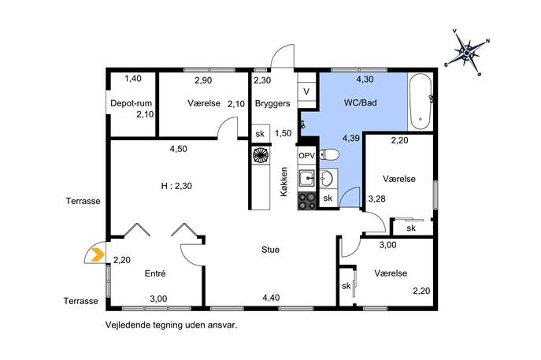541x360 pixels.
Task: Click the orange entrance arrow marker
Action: coord(98,255)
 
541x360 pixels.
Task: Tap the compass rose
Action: coord(467,53)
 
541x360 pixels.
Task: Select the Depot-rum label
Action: coord(131,103)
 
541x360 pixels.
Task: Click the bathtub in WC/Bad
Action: coord(421,102)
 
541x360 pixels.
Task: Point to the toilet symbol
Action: coord(329,154)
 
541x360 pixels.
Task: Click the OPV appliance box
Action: coord(307,156)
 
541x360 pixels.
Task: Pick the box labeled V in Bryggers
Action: coord(306,92)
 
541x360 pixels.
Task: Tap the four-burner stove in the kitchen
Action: coord(307,201)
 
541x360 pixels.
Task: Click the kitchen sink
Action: coord(307,179)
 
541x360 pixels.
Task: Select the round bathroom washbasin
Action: coord(326,179)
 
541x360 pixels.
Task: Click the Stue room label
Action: coord(270,250)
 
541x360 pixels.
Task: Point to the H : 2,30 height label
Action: coord(176,186)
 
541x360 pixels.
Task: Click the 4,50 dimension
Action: coord(179,149)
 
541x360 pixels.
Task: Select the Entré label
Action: coord(155,273)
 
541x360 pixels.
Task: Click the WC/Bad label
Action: coord(360,102)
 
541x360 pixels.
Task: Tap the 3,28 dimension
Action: coord(376,199)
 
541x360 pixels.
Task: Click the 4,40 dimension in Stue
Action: coord(271,298)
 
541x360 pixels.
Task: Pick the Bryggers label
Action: coord(272,103)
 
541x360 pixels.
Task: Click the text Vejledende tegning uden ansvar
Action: coord(172,325)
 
